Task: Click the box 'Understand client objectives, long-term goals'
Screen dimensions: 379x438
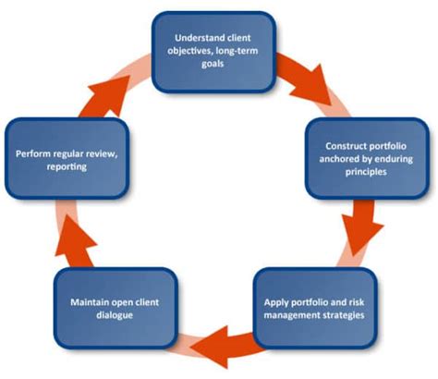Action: click(x=213, y=51)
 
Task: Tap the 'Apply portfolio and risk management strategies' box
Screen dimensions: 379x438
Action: click(x=314, y=308)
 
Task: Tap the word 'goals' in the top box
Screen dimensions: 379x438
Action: click(x=213, y=65)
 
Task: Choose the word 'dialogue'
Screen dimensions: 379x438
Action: click(x=117, y=315)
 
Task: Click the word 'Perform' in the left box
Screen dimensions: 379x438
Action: click(x=35, y=151)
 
